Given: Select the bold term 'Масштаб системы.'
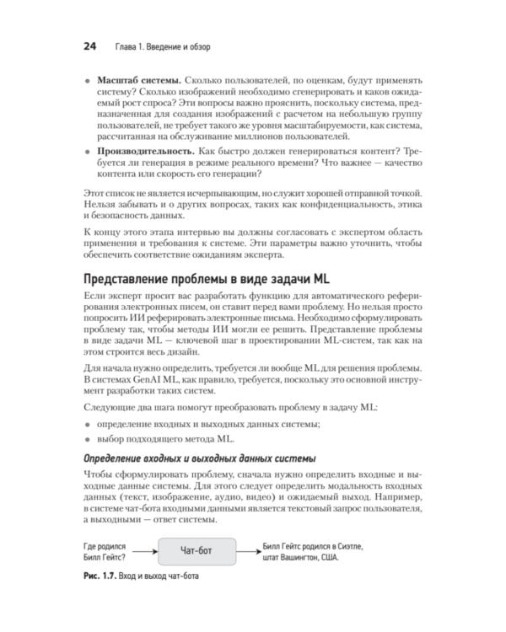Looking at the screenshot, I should click(138, 78).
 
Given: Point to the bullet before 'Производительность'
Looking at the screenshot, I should click(89, 152).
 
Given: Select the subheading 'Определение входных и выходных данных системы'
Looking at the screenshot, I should click(200, 458).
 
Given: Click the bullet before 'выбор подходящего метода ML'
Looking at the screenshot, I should click(89, 439).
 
